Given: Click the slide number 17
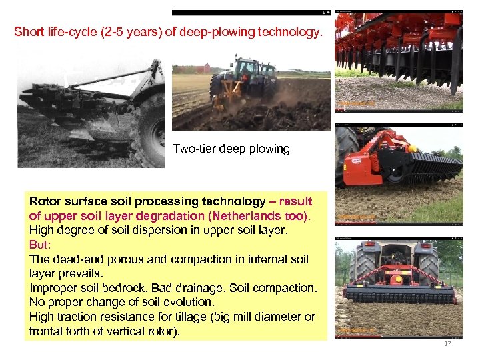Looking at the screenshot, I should coord(447,344).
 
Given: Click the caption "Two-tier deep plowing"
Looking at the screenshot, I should coord(231,149).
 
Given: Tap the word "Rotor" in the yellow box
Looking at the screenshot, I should coord(44,201).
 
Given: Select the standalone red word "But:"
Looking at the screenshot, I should coord(41,245).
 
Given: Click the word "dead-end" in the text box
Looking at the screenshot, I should coord(71,259).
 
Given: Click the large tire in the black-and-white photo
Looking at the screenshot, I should coord(149,130).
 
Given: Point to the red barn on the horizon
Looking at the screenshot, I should coord(204,68).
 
